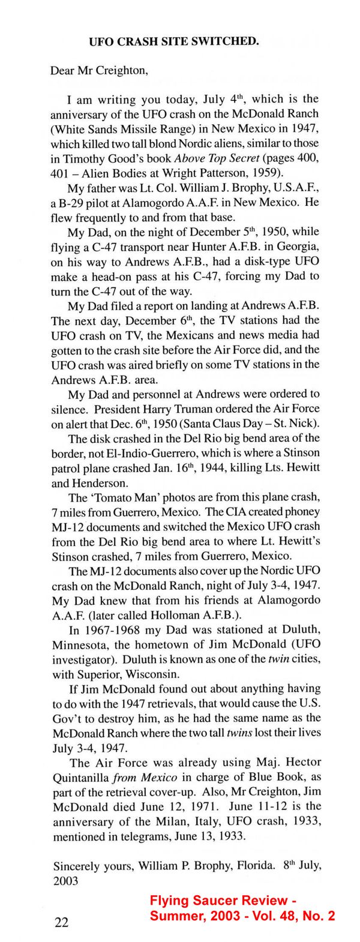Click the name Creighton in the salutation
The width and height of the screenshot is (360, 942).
117,71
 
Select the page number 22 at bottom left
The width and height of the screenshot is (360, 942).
62,922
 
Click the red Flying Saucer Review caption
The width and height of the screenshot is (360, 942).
242,908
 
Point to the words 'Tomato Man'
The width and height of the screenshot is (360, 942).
118,497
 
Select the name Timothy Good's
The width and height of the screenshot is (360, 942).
94,158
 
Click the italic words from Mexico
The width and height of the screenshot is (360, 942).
141,777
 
